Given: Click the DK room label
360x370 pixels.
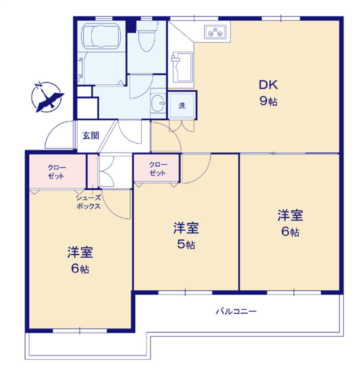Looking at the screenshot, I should click(x=268, y=85).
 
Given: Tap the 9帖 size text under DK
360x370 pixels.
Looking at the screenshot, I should click(x=268, y=101).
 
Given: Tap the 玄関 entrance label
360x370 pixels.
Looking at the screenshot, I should click(x=91, y=136).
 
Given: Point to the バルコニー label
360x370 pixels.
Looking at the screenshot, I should click(x=236, y=312).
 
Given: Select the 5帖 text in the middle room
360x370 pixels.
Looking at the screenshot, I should click(x=186, y=245).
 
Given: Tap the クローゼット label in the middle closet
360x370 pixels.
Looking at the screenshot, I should click(x=157, y=169).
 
